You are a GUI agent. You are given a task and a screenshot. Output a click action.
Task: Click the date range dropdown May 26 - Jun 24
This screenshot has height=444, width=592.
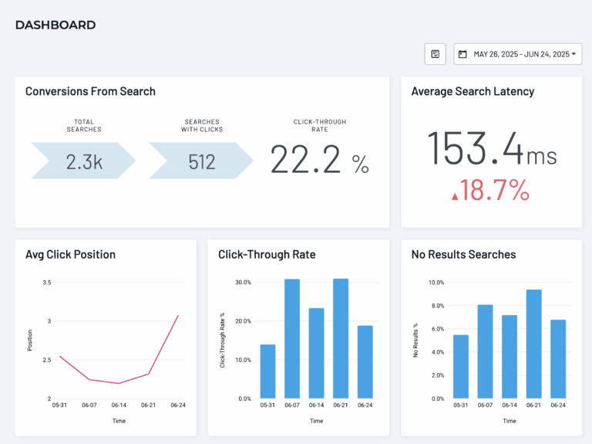(x=517, y=54)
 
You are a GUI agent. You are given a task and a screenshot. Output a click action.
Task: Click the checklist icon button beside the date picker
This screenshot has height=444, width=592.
(x=435, y=54)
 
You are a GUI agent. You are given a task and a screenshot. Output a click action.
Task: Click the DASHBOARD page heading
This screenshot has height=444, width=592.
(x=55, y=25)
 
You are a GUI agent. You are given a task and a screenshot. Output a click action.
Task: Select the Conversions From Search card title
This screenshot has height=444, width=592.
(x=90, y=91)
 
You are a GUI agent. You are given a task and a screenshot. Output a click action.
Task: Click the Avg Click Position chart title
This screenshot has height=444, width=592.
(x=70, y=254)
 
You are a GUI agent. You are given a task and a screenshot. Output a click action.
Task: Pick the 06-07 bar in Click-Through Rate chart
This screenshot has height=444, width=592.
(x=292, y=338)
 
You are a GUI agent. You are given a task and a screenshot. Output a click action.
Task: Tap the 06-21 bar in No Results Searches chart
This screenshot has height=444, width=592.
(x=533, y=344)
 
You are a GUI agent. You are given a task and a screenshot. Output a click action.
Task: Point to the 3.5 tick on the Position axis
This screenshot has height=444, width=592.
(x=46, y=283)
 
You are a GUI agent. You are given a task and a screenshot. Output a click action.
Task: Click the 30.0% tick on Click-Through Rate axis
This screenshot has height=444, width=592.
(x=241, y=283)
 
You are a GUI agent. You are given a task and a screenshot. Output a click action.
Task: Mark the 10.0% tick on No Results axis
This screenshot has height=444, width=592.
(x=436, y=283)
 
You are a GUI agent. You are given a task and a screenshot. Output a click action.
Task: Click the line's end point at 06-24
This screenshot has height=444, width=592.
(x=178, y=315)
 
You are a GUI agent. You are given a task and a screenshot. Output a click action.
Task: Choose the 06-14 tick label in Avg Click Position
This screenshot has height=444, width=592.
(x=119, y=405)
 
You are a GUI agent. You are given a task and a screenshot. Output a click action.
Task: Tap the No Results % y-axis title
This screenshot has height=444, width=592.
(x=415, y=341)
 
